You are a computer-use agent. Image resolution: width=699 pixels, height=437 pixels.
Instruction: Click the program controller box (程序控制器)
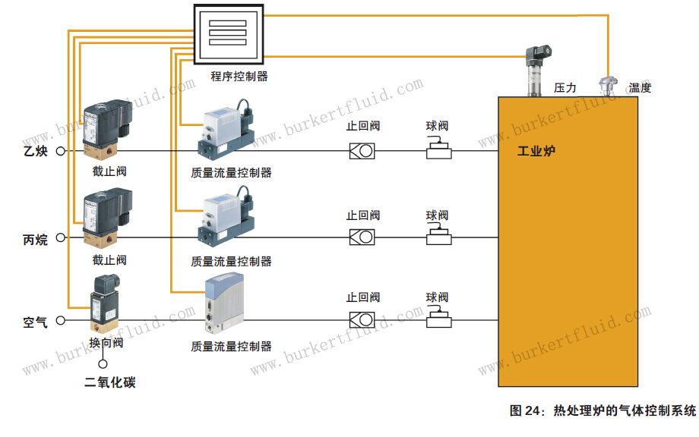point(229,34)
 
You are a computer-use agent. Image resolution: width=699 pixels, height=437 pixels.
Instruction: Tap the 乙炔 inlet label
point(36,151)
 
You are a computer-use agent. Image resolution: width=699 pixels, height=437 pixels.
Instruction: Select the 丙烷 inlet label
point(35,240)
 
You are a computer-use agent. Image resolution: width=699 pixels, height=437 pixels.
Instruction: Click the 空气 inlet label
point(35,322)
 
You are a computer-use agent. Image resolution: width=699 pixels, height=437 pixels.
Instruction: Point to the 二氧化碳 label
point(110,382)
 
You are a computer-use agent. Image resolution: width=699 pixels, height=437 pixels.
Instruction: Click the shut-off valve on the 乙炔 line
point(107,130)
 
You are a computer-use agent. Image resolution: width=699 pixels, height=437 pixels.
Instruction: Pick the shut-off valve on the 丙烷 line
point(107,217)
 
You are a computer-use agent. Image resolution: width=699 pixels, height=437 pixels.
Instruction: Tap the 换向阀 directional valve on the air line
point(105,303)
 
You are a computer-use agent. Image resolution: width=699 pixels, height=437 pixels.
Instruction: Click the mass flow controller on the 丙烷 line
point(226,216)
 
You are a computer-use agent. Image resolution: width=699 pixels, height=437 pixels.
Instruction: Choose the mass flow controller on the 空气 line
point(225,303)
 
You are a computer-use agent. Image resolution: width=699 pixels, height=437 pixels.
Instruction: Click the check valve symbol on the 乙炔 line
point(362,151)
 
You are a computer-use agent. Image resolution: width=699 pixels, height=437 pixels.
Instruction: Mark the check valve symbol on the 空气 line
point(362,320)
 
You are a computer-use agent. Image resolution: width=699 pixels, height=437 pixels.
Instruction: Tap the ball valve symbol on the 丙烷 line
point(439,234)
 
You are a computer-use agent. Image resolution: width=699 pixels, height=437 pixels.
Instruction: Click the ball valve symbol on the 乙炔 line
point(439,148)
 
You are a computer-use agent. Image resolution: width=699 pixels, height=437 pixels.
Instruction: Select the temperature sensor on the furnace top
point(608,86)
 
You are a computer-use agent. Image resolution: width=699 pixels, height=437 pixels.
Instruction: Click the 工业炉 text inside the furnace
point(536,151)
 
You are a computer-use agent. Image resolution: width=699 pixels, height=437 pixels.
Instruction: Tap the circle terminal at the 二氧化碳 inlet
point(103,364)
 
